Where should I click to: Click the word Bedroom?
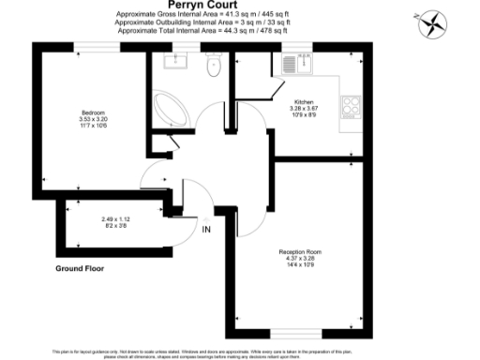(93, 112)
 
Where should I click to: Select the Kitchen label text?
(304, 101)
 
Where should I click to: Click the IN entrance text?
(206, 228)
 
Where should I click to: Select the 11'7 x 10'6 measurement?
(93, 125)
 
